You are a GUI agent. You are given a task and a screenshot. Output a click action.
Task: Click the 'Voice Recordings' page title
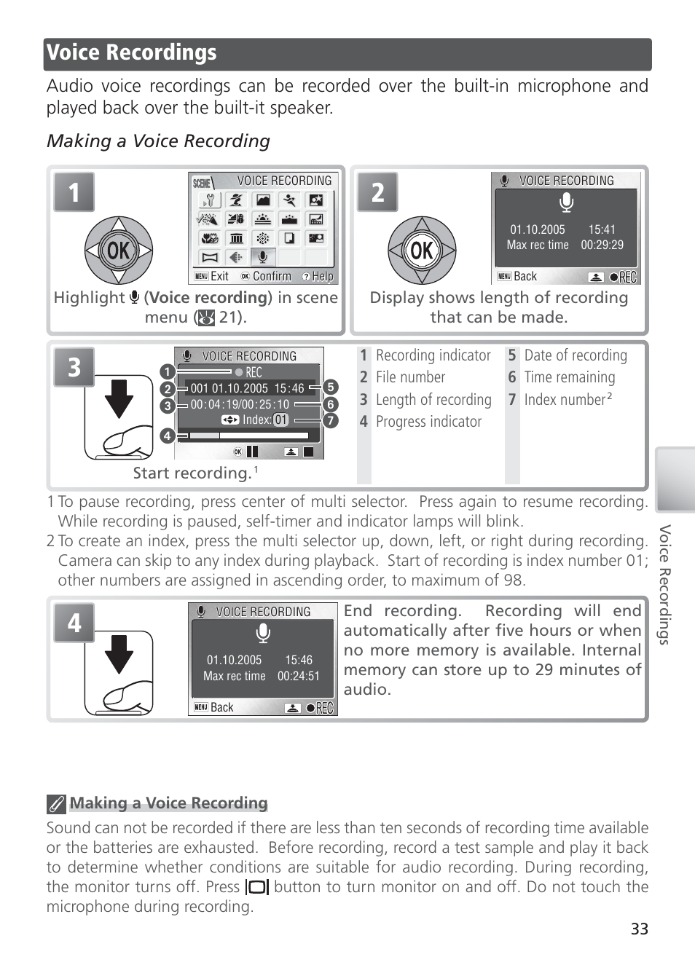pos(132,53)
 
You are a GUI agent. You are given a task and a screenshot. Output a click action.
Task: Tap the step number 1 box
pos(74,192)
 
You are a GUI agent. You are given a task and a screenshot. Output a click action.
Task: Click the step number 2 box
pos(377,192)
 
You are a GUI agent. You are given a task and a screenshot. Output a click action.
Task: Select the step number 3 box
pos(74,367)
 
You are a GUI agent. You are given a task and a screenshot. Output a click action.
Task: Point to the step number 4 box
pos(74,623)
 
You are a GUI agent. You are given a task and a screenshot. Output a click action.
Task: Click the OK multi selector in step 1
pos(119,251)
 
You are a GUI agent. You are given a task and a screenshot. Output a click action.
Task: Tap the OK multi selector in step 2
pos(422,251)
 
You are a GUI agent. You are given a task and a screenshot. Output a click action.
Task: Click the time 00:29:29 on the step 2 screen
pos(602,245)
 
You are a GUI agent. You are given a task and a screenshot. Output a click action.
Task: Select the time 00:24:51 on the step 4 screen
pos(299,676)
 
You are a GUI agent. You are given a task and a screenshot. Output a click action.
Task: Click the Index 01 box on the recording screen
pos(281,420)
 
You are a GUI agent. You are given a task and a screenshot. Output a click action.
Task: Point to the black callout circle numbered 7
pos(331,420)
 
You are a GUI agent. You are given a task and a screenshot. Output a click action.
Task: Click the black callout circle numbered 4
pos(168,436)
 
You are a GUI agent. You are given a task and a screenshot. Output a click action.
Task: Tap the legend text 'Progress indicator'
pos(428,422)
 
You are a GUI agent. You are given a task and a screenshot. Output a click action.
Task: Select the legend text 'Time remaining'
pos(570,377)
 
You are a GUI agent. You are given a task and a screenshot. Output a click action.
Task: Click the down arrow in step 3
pos(119,398)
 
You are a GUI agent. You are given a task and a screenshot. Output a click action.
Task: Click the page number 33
pos(639,929)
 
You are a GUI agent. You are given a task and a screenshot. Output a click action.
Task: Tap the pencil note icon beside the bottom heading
pos(56,804)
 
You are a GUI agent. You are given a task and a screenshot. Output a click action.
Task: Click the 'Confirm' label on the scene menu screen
pos(272,277)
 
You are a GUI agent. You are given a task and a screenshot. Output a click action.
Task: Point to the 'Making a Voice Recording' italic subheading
pos(158,141)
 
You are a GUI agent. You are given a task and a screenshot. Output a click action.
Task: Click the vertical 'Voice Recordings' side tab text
pos(664,584)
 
